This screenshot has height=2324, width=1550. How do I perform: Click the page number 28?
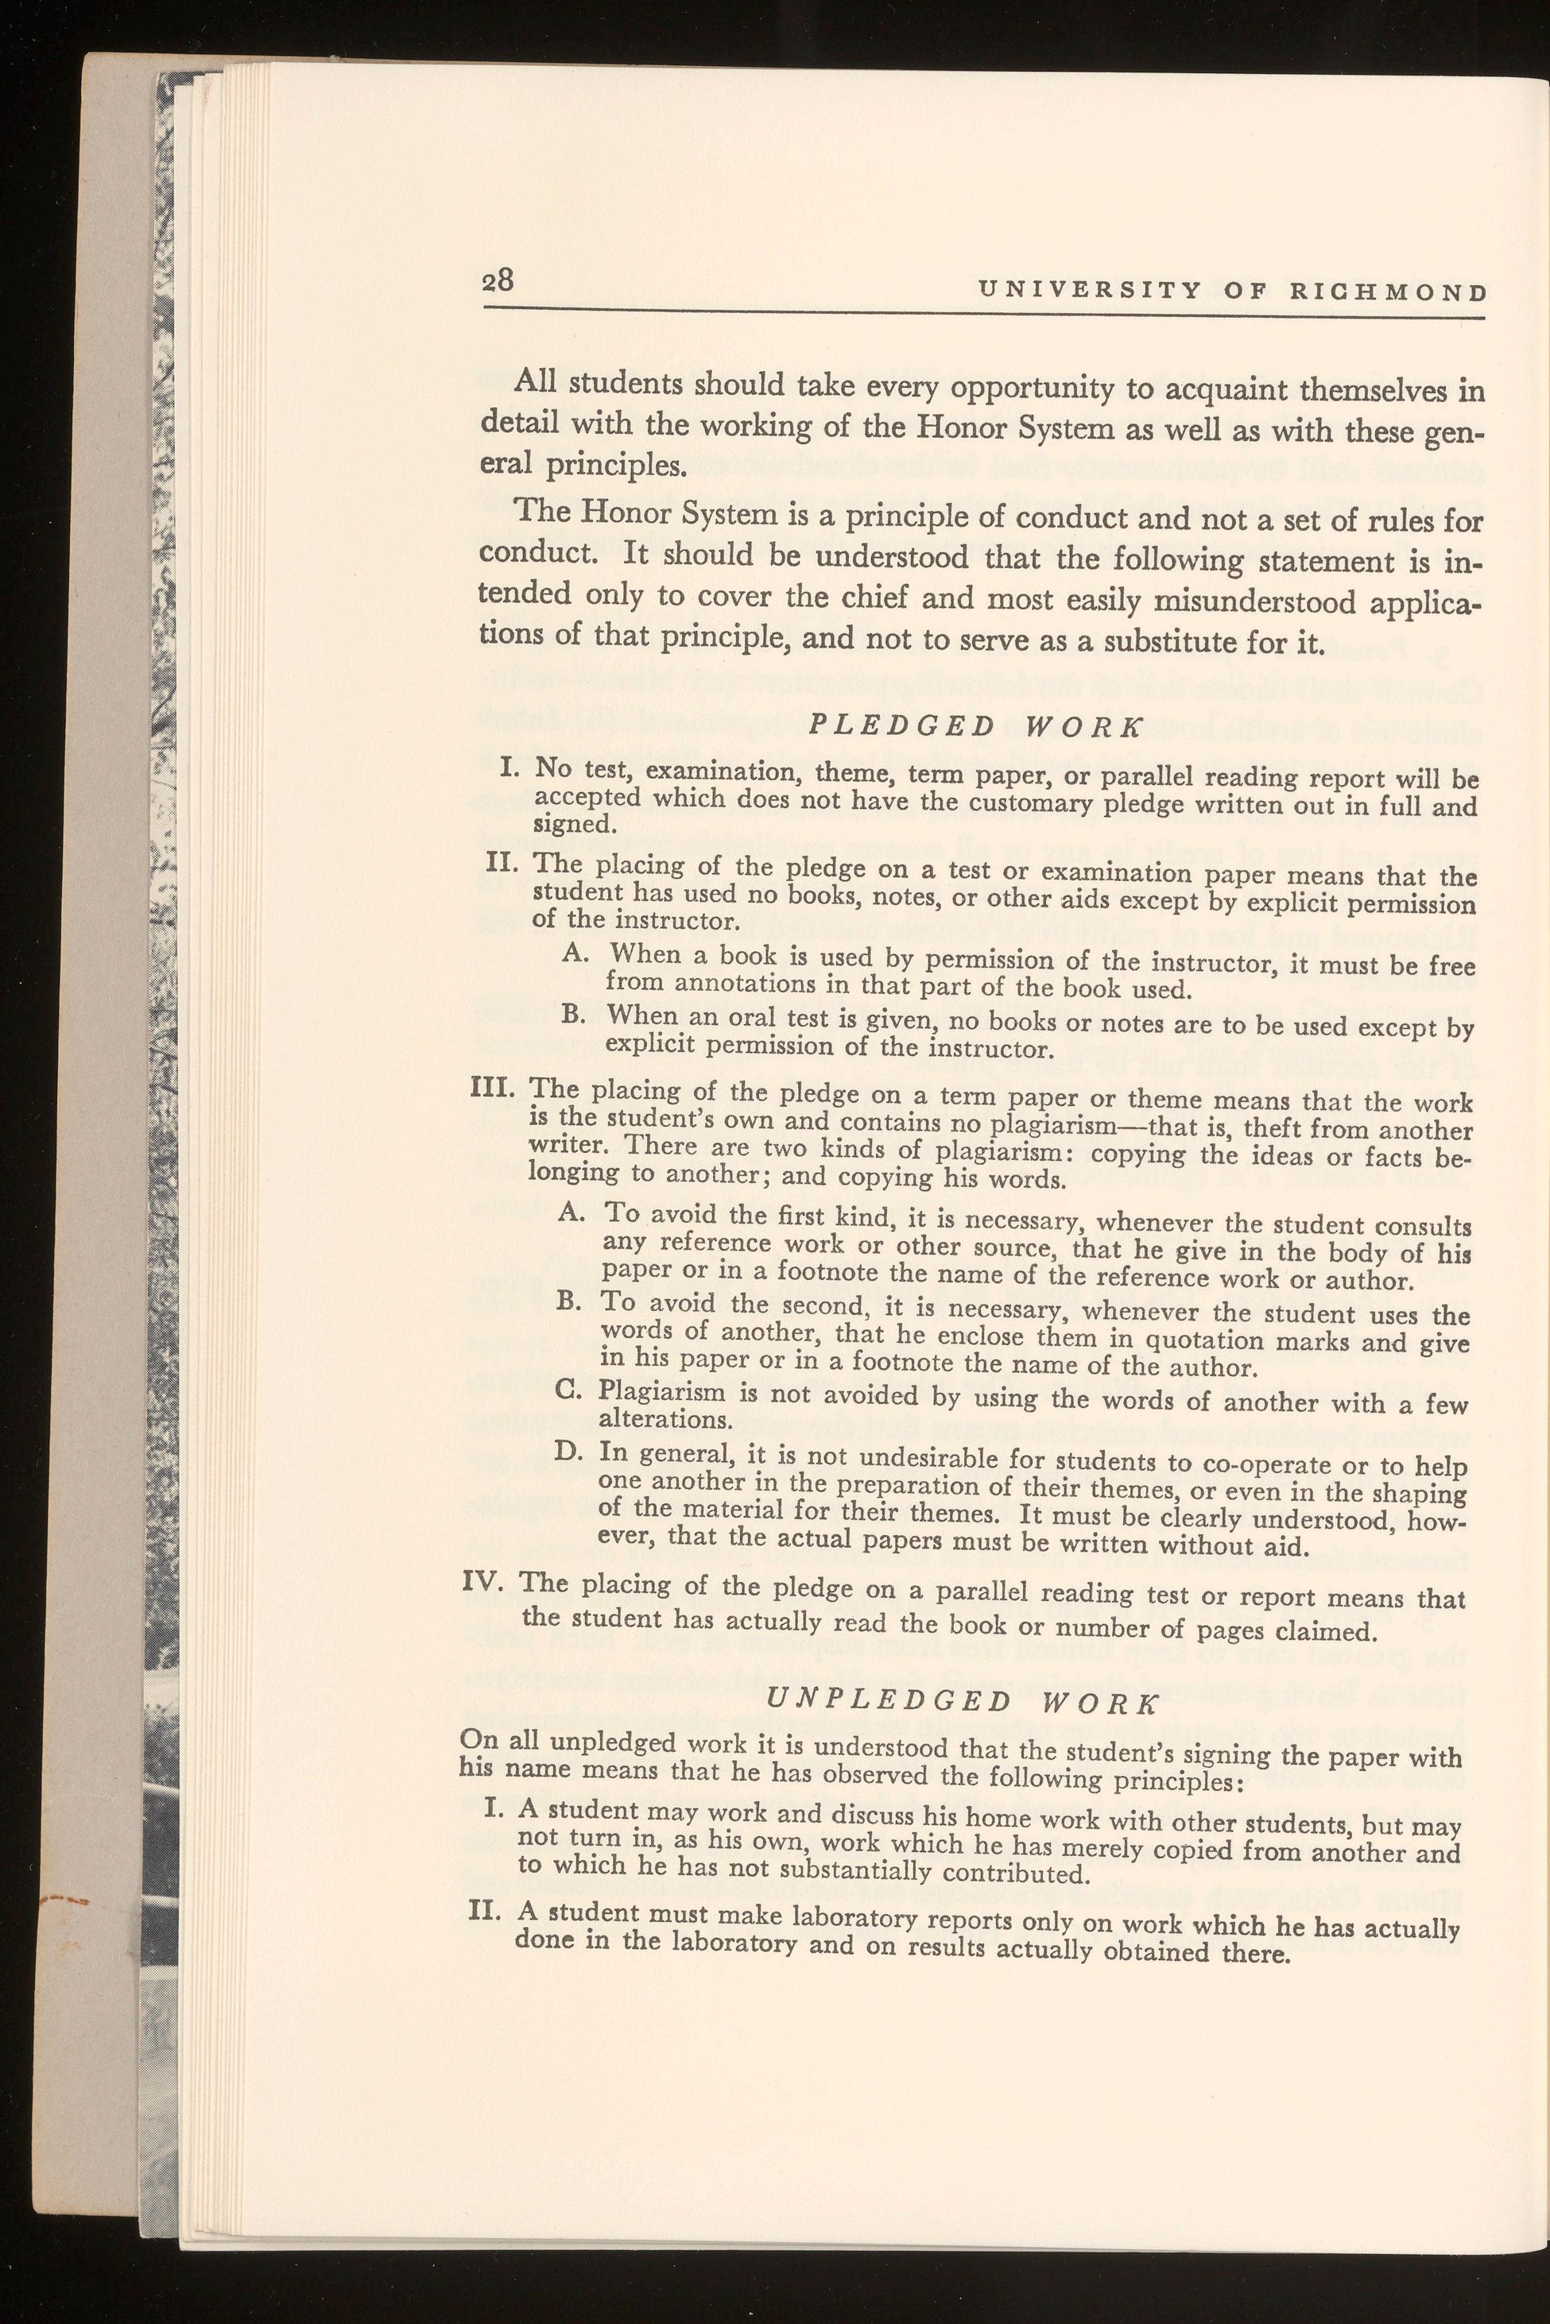click(x=498, y=281)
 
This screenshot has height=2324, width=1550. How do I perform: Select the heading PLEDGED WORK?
click(x=975, y=726)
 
